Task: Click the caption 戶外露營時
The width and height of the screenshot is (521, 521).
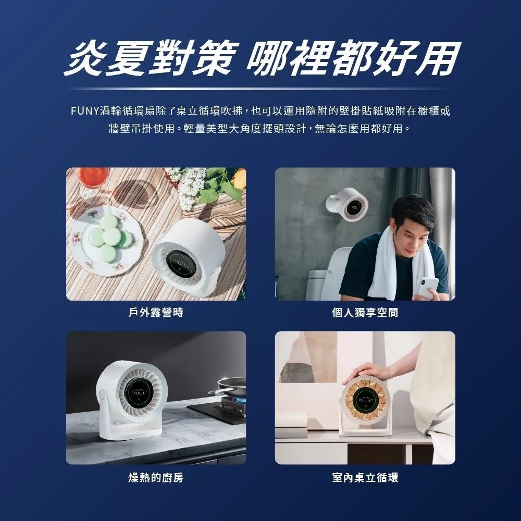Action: [156, 312]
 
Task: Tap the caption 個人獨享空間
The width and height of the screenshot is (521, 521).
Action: [365, 312]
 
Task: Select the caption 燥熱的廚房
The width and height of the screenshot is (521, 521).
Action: [156, 478]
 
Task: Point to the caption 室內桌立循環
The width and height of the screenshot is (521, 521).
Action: [365, 478]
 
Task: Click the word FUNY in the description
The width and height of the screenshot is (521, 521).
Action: [84, 111]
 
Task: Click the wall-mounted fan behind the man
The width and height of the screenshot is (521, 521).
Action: [348, 204]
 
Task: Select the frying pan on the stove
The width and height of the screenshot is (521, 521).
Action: [229, 387]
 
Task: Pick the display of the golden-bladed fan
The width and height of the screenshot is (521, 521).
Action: [365, 400]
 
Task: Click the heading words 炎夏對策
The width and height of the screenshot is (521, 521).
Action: [150, 58]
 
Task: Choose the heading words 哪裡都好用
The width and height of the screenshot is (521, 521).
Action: [353, 58]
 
